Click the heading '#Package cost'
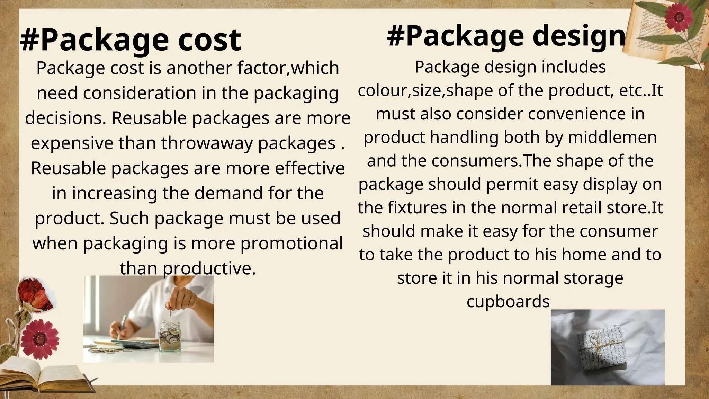[x=131, y=41]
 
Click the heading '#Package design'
[x=506, y=37]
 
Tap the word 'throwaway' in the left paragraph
[x=207, y=143]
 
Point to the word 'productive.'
[x=209, y=268]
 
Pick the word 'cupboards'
[x=508, y=301]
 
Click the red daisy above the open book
[x=39, y=339]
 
